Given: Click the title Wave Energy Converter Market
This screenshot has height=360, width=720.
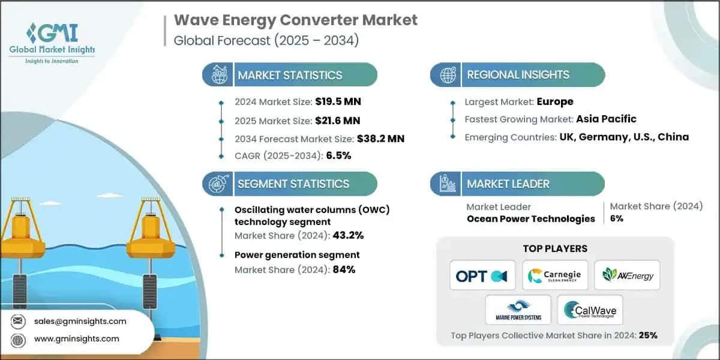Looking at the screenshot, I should [x=296, y=20].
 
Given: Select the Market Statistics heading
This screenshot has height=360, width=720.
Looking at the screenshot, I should [x=290, y=75].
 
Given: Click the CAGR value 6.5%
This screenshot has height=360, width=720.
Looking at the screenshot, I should [x=338, y=155].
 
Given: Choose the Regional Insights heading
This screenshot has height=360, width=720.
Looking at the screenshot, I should [x=518, y=75].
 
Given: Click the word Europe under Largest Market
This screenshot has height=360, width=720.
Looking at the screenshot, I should [x=554, y=101].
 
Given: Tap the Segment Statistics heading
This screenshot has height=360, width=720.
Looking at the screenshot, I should [x=293, y=184].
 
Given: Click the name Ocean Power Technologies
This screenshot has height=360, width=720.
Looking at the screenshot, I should [x=530, y=218].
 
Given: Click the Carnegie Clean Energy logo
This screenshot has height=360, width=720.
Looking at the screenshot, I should [x=555, y=276].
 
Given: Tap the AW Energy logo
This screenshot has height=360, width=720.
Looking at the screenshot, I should [x=627, y=276].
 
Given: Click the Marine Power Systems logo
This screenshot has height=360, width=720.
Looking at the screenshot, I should [x=518, y=310].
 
